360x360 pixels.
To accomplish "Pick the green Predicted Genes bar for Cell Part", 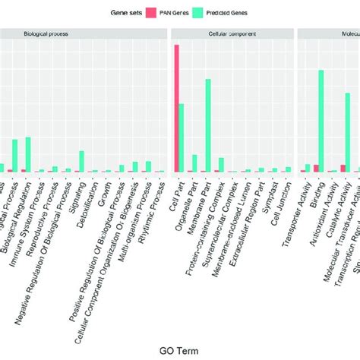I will click(181, 137).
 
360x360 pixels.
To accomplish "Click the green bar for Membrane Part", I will click(207, 125).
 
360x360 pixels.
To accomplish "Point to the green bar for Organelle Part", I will click(194, 163).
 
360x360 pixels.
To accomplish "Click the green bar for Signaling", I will click(81, 161).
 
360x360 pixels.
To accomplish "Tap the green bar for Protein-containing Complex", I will click(221, 164).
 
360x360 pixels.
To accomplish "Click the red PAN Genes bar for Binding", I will click(315, 168).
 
